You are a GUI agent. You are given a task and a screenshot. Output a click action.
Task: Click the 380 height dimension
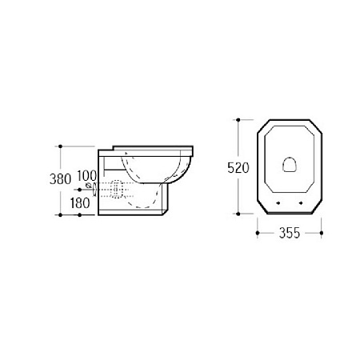point(60,179)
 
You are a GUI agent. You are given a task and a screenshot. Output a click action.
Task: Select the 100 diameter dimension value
point(86,175)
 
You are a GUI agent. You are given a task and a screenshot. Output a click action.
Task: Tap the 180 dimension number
point(80,203)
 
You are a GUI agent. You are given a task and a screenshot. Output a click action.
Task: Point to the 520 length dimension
point(238,168)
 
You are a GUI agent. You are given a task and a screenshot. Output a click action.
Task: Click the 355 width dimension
point(290,233)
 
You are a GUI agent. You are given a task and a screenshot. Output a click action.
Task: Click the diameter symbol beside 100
point(88,185)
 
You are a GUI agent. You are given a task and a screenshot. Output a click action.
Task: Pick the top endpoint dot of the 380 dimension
point(60,146)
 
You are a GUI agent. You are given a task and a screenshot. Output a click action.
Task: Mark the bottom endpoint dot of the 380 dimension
point(60,215)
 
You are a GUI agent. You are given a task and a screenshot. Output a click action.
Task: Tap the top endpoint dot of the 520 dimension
point(238,120)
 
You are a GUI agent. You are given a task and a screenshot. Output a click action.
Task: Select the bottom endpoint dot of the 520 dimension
point(238,214)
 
